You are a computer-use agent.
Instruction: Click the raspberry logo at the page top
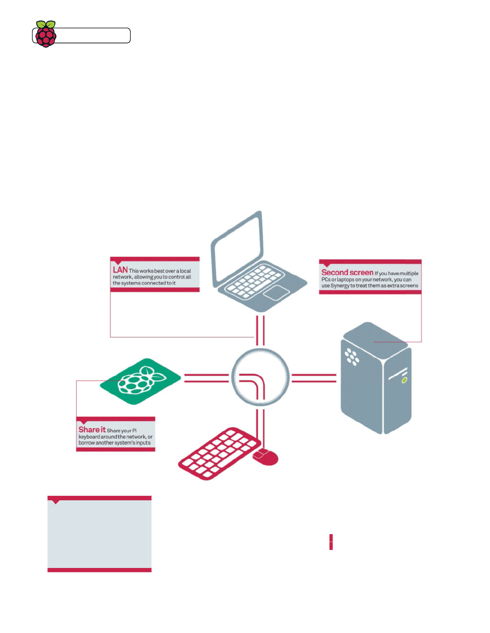pyautogui.click(x=46, y=34)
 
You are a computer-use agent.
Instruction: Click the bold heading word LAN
pyautogui.click(x=120, y=270)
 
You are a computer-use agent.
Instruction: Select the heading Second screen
pyautogui.click(x=347, y=273)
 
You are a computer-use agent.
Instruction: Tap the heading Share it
pyautogui.click(x=92, y=430)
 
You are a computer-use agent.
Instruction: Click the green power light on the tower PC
pyautogui.click(x=404, y=380)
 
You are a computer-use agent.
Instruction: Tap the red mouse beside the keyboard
pyautogui.click(x=266, y=457)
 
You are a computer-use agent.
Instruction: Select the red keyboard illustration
pyautogui.click(x=218, y=453)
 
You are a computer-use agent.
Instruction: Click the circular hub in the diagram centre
pyautogui.click(x=260, y=377)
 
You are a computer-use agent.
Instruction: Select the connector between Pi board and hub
pyautogui.click(x=206, y=378)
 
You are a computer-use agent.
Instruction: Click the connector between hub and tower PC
pyautogui.click(x=314, y=378)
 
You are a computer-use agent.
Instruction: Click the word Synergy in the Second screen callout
pyautogui.click(x=340, y=286)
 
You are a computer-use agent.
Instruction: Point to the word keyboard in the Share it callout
pyautogui.click(x=89, y=437)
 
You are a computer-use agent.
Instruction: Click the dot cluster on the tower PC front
pyautogui.click(x=352, y=356)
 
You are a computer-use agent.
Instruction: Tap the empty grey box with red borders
pyautogui.click(x=99, y=534)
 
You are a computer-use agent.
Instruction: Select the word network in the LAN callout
pyautogui.click(x=122, y=277)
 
